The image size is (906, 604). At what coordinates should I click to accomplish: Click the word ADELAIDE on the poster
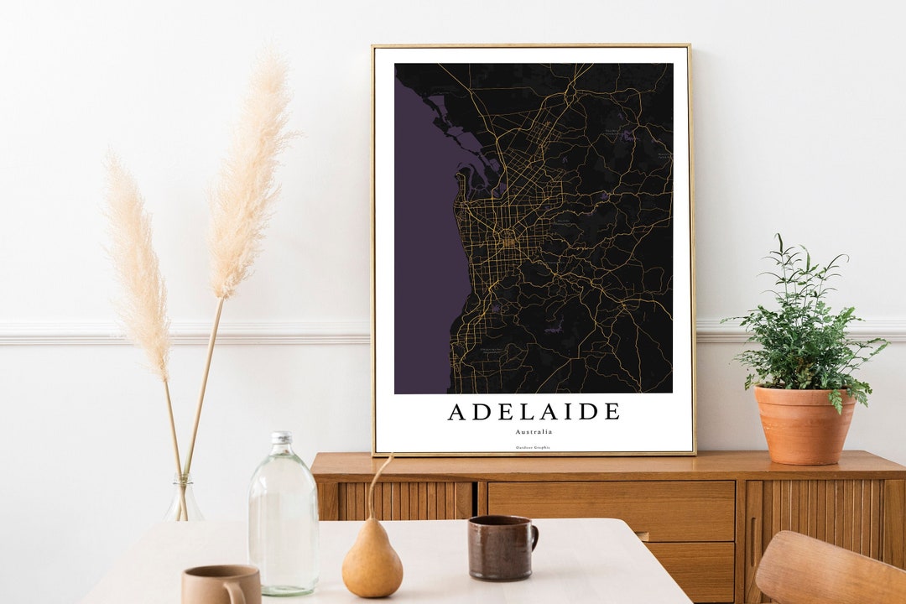click(534, 412)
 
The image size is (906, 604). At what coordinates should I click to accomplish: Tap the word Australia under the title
click(534, 431)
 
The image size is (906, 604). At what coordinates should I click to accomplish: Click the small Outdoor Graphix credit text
click(534, 448)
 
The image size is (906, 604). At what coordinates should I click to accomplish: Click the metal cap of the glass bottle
click(282, 438)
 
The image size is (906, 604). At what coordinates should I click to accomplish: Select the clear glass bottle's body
click(283, 520)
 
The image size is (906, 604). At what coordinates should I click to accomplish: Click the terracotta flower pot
click(804, 424)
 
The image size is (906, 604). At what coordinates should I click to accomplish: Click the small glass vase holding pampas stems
click(183, 501)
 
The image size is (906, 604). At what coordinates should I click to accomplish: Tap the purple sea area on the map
click(424, 268)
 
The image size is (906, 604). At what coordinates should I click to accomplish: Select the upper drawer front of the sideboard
click(611, 510)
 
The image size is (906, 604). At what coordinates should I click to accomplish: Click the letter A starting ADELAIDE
click(458, 412)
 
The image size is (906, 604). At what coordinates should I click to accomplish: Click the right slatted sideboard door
click(818, 512)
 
